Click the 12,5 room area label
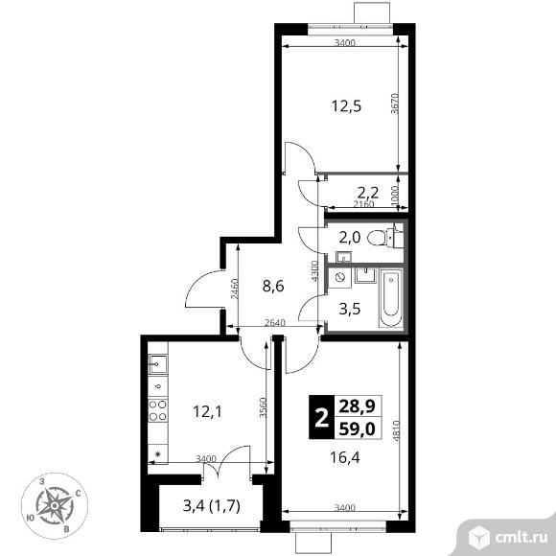[346, 106]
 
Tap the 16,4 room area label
[345, 457]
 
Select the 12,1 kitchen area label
[207, 411]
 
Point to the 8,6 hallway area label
[273, 286]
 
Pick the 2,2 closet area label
[368, 193]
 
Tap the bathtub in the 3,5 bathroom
[390, 297]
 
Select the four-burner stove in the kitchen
[157, 410]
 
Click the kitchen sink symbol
[157, 363]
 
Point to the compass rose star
[55, 505]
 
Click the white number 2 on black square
[321, 417]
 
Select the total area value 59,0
[357, 429]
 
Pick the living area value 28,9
[357, 405]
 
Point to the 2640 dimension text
[275, 322]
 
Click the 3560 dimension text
[263, 407]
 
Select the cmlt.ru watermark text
[521, 537]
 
